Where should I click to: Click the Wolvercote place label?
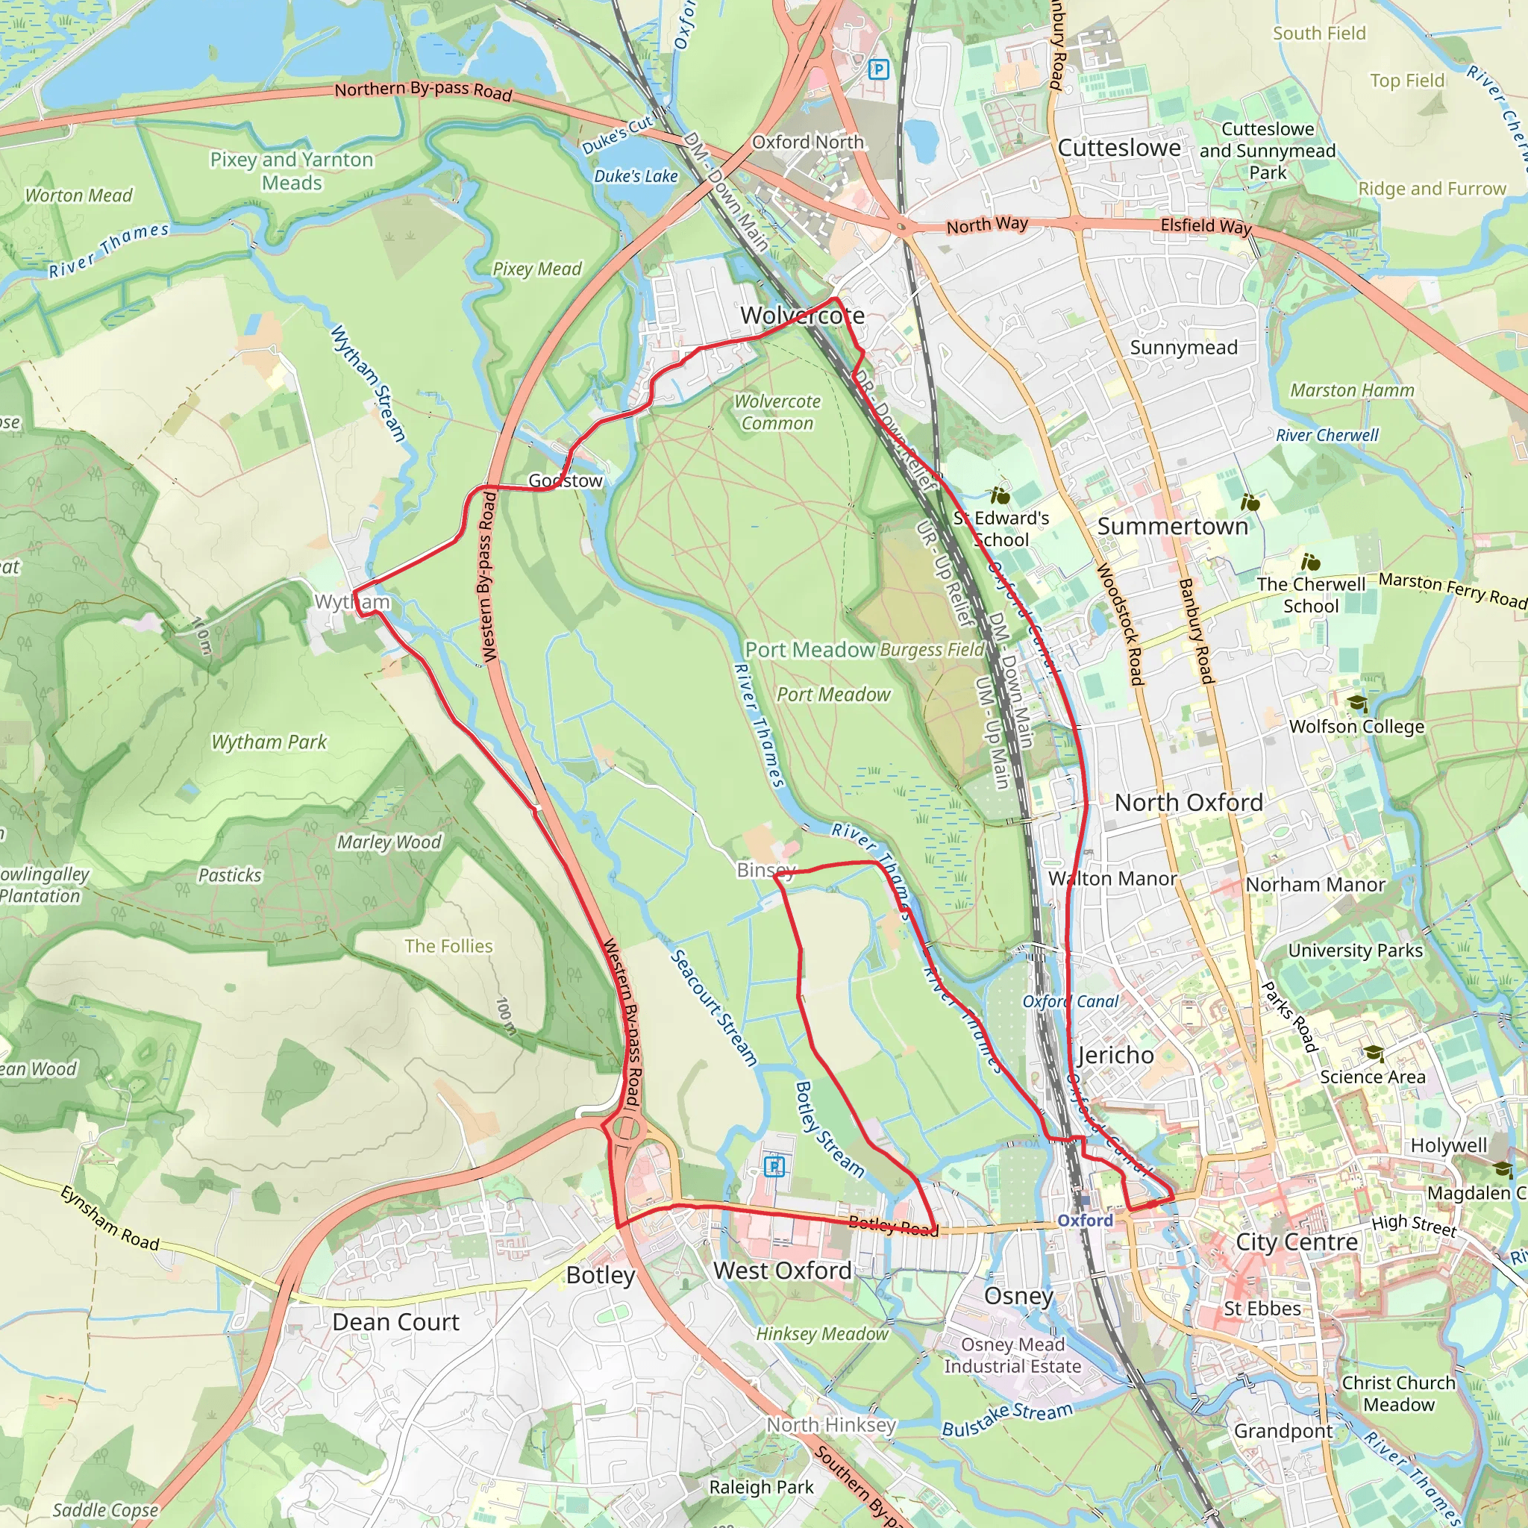802,316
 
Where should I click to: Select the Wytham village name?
352,602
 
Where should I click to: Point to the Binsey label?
765,870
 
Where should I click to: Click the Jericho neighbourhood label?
1115,1055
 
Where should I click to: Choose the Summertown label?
1172,526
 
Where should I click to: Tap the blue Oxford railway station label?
1085,1221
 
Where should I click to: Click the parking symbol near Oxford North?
878,69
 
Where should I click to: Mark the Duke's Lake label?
636,175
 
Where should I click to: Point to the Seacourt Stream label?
713,1007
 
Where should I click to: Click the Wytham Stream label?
369,382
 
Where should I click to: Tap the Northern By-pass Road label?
423,90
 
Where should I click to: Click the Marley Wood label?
389,842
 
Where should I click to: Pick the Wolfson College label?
1356,726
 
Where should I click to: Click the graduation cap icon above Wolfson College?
1357,703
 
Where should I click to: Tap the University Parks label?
1355,951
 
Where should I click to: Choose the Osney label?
1018,1295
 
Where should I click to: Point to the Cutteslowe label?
1119,148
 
